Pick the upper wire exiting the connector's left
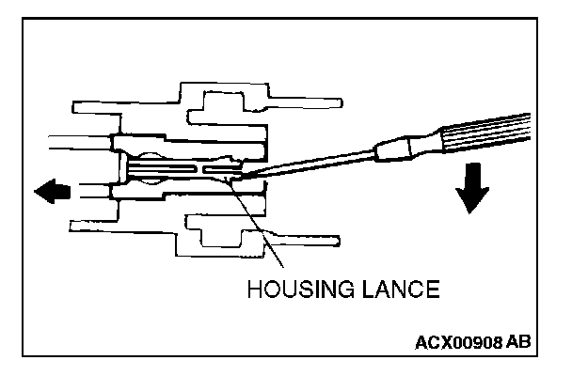pos(80,142)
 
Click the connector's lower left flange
pos(94,226)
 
